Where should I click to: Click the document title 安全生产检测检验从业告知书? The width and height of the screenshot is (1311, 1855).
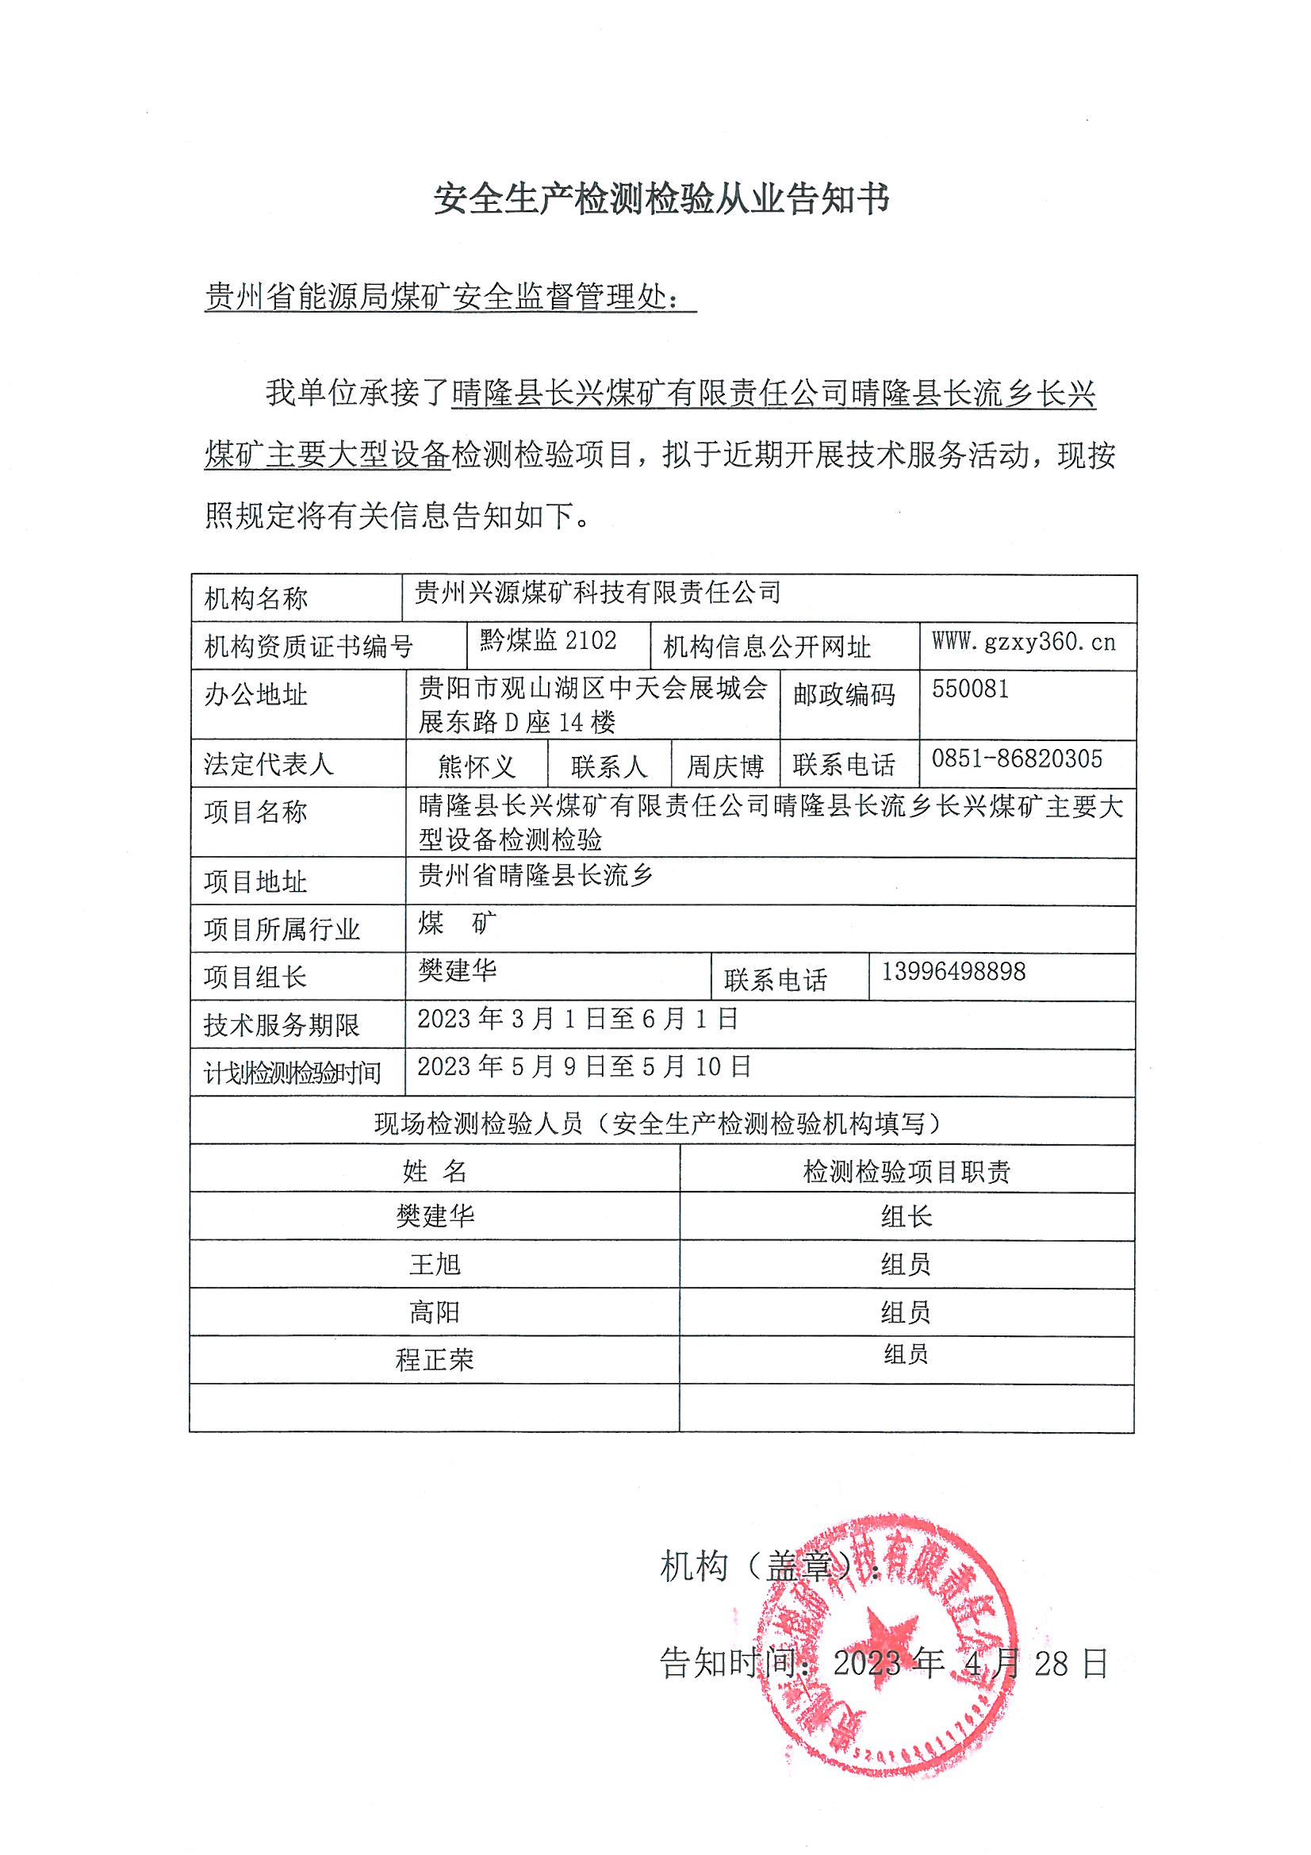tap(661, 198)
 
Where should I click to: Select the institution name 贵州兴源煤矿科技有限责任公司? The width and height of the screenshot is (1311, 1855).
tap(598, 593)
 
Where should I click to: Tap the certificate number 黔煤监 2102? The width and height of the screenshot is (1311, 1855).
tap(548, 641)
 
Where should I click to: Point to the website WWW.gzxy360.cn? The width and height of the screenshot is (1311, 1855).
tap(1023, 643)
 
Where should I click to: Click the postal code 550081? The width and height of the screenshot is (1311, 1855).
tap(970, 689)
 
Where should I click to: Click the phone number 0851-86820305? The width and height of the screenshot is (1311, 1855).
tap(1016, 759)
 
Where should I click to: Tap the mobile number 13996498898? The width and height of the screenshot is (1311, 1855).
tap(953, 971)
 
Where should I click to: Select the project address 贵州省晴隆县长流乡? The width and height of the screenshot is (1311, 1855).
tap(535, 875)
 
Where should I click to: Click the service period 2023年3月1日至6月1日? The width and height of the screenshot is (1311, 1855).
tap(577, 1019)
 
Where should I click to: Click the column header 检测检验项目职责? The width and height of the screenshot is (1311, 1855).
tap(907, 1172)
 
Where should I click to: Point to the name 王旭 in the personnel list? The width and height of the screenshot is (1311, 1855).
tap(435, 1265)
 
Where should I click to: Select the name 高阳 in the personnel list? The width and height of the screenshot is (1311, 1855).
tap(435, 1312)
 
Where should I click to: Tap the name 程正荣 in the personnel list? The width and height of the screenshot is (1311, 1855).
tap(435, 1360)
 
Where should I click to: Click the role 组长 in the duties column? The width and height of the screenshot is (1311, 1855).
tap(907, 1217)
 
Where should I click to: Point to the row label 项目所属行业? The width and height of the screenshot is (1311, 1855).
tap(281, 930)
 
